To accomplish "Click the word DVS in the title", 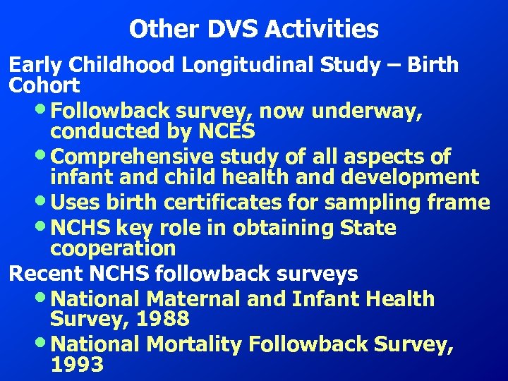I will [231, 30].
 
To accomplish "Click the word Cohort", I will [44, 85].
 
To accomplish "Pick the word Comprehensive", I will [135, 156].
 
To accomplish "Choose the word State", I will [368, 228].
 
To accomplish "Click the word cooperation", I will [113, 248].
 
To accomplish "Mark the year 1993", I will [78, 365].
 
